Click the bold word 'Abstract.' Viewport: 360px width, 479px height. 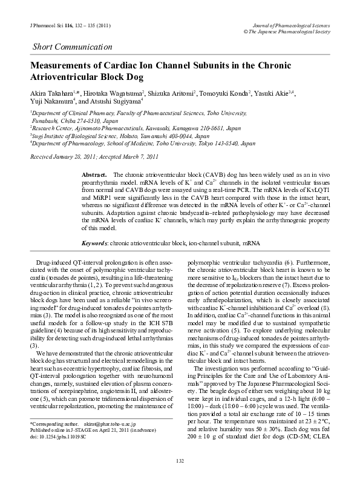(x=94, y=174)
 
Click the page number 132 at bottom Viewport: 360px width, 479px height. (x=180, y=461)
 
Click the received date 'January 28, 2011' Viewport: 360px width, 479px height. (x=79, y=157)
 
